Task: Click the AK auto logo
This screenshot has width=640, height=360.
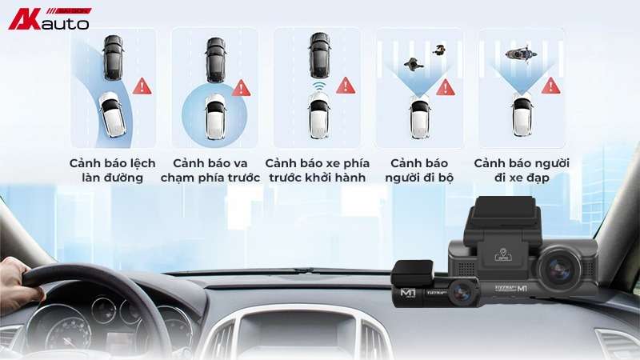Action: tap(49, 18)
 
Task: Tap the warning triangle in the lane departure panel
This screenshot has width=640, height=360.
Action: tap(142, 86)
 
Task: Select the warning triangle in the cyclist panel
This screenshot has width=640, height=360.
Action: tap(550, 86)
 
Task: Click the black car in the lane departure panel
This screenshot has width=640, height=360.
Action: tap(113, 58)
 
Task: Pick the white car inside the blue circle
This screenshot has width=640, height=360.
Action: tap(215, 116)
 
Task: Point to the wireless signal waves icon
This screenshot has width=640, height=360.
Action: tap(319, 86)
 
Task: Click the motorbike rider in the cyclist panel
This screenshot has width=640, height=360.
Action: tap(521, 54)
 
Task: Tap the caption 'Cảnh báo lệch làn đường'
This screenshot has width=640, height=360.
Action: tap(112, 170)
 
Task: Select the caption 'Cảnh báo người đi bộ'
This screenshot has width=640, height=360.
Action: tap(419, 170)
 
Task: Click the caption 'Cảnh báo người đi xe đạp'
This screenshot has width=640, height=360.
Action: tap(522, 170)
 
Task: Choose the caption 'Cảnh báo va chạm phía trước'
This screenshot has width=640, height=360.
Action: tap(210, 170)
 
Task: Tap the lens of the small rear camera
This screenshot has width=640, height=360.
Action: tap(462, 292)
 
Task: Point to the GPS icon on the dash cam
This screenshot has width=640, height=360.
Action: tap(503, 254)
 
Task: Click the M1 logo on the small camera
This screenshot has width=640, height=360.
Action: tap(408, 293)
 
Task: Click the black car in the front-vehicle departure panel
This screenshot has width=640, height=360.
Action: tap(319, 55)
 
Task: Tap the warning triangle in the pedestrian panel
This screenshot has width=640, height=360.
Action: tap(446, 87)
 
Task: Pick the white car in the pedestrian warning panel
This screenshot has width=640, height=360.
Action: tap(419, 117)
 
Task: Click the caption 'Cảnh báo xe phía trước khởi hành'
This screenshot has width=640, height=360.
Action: tap(317, 170)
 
